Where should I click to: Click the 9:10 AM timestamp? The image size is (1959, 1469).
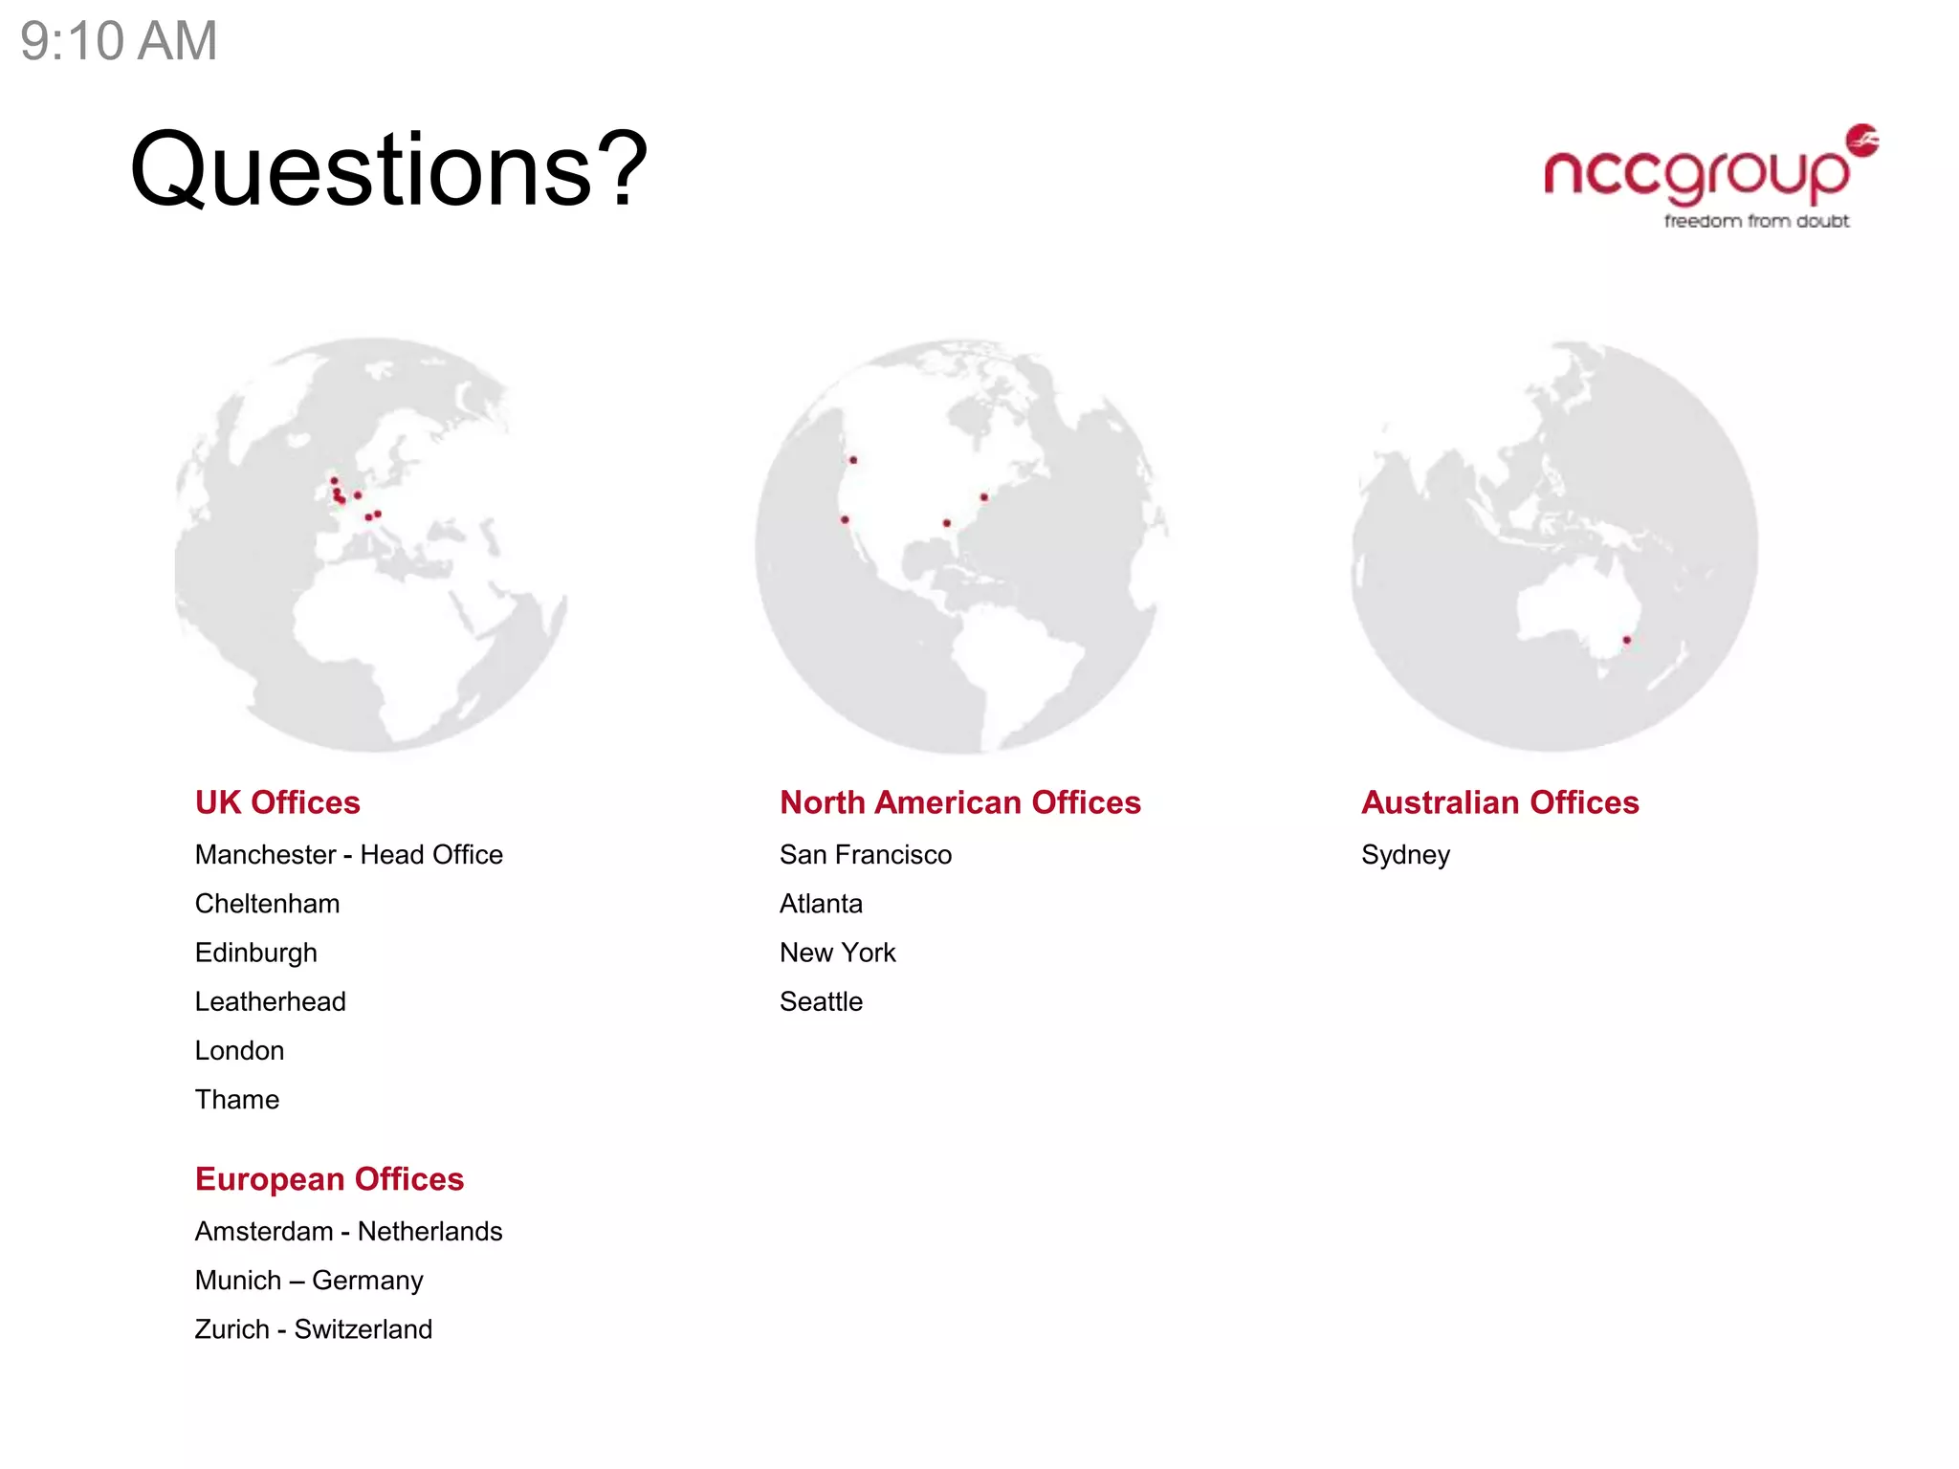[x=119, y=41]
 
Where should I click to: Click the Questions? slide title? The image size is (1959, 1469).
[x=388, y=169]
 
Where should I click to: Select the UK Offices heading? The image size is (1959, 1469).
[x=277, y=802]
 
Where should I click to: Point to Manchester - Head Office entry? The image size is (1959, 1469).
[x=348, y=855]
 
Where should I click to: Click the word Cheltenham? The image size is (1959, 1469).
[x=267, y=904]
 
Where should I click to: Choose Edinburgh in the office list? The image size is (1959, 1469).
[x=255, y=953]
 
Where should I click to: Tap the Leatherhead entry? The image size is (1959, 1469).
[x=270, y=1001]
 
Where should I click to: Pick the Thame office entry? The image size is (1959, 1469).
[x=236, y=1100]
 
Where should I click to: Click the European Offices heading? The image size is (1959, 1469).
[x=329, y=1179]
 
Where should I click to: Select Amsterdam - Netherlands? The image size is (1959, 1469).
[x=348, y=1232]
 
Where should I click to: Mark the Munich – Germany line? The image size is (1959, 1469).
[x=308, y=1281]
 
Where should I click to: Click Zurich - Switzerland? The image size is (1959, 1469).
[x=313, y=1329]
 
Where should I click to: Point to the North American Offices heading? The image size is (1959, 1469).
[x=959, y=802]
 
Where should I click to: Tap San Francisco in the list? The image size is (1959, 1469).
[x=865, y=855]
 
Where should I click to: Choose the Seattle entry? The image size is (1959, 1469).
[x=821, y=1001]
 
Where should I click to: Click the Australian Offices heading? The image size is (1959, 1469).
[x=1499, y=802]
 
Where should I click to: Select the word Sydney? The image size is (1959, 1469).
[x=1404, y=855]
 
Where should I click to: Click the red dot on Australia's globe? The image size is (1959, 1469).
[x=1626, y=640]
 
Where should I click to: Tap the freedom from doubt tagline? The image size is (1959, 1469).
[x=1755, y=222]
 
